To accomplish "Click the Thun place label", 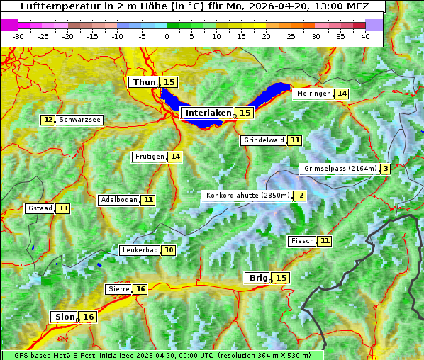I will click(144, 83).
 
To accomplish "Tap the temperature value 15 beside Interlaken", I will click(245, 113).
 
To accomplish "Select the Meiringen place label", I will click(313, 94).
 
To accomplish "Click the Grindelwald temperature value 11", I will click(294, 140).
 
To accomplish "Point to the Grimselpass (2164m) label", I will click(340, 169).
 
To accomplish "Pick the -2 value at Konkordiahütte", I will click(300, 196).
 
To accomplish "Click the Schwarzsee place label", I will click(79, 120).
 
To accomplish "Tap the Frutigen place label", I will click(149, 157).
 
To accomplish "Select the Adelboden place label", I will click(119, 200).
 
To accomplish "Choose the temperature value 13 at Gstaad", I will click(63, 208).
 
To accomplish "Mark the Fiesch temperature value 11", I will click(325, 241).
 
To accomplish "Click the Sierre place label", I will click(118, 289).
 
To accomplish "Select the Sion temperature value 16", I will click(88, 317).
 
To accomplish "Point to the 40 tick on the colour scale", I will click(365, 35).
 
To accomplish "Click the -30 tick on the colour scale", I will click(18, 35).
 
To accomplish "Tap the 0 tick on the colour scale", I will click(167, 35).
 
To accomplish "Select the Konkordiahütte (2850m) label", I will click(247, 196).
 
